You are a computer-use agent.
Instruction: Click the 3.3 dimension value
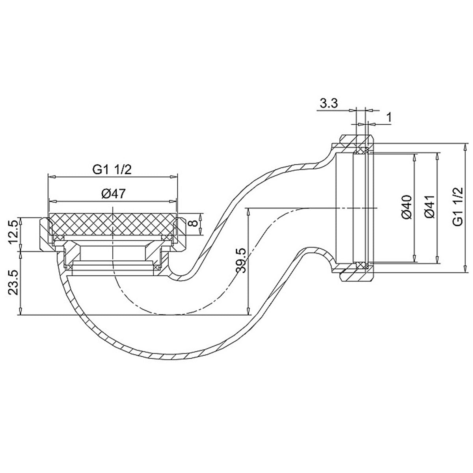(328, 104)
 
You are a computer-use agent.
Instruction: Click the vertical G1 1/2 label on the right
(458, 207)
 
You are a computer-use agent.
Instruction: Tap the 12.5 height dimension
(13, 232)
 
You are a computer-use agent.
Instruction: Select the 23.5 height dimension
(13, 283)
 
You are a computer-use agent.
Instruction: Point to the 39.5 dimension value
(241, 261)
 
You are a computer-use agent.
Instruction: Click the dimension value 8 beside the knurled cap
(193, 223)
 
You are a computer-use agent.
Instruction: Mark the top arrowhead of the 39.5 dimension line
(248, 210)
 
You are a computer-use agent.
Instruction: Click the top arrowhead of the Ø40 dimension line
(414, 156)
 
